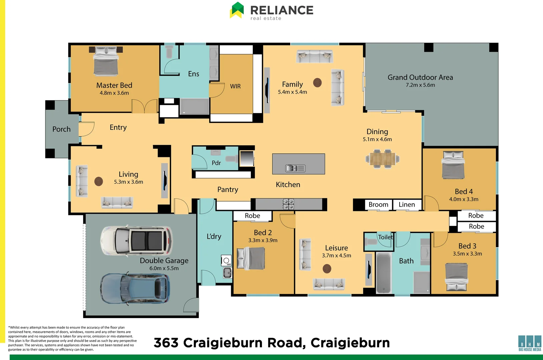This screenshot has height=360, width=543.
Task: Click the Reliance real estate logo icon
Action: point(236,10)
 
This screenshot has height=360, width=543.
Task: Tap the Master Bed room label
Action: point(114,85)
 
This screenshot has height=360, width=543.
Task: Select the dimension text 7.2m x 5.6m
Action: point(420,85)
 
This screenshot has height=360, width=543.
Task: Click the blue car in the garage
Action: point(135,288)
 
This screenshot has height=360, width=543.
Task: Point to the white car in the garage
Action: point(137,241)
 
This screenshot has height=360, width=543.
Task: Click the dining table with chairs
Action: point(383,159)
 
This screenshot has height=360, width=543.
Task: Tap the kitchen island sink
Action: point(295,168)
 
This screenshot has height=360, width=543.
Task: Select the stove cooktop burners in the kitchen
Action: point(288,204)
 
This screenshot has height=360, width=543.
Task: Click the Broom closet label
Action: point(379,204)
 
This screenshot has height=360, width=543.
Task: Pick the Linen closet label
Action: point(407,204)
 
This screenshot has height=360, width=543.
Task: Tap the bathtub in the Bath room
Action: point(384,273)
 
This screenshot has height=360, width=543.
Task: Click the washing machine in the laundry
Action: point(226,260)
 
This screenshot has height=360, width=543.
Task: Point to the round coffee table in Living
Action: point(99,181)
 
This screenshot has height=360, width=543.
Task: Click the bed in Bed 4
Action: point(453,165)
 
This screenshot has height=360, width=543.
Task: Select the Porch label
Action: point(62,129)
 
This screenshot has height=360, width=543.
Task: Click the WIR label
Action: point(235,86)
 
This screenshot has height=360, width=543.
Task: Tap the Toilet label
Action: point(386,237)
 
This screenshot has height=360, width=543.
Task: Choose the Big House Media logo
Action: point(530,343)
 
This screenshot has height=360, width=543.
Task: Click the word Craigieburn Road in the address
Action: point(244,343)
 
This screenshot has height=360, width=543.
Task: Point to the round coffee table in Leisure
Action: point(327,269)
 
